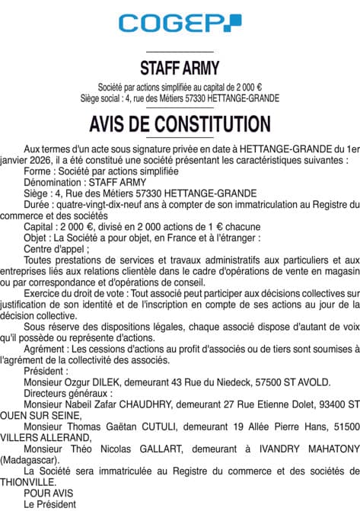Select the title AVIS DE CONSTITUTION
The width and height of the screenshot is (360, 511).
pyautogui.click(x=180, y=123)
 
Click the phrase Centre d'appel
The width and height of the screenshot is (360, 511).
pyautogui.click(x=56, y=248)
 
